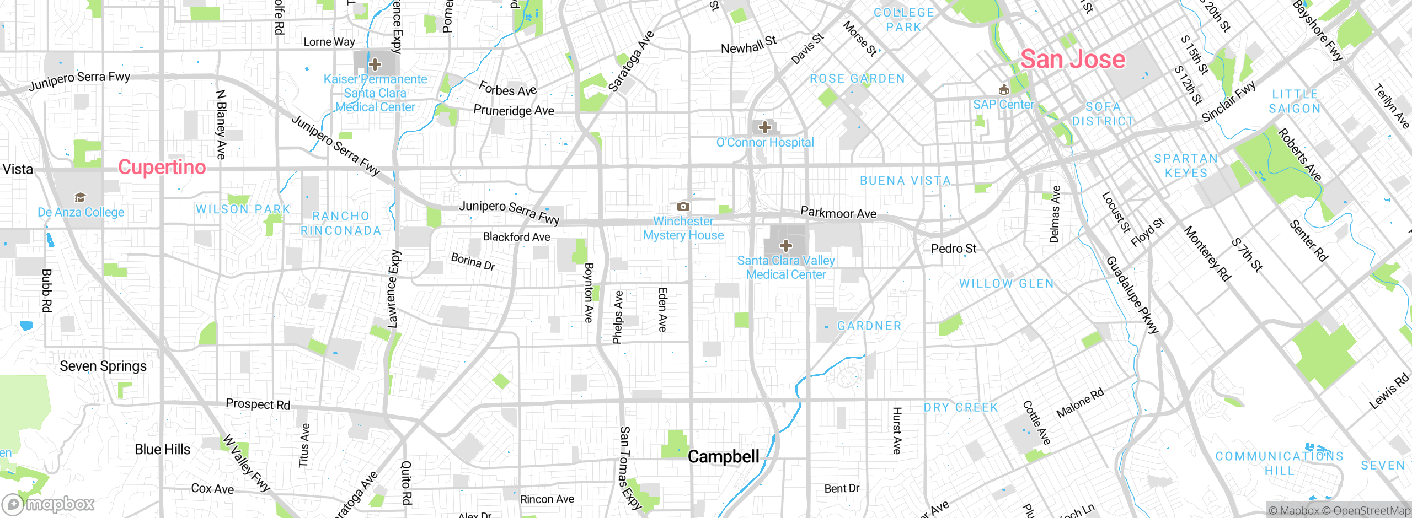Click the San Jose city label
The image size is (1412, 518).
coord(1072,59)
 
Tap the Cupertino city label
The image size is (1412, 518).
coord(162,167)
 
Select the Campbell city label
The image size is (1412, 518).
coord(723,457)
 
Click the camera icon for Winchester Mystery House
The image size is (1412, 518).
coord(683,206)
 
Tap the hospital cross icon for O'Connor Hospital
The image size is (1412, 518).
coord(764,127)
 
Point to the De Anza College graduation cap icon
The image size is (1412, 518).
coord(80,197)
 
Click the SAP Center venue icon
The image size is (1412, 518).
coord(1003,90)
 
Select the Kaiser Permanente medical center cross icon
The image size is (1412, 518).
coord(375,64)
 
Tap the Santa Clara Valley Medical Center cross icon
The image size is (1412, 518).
coord(785,245)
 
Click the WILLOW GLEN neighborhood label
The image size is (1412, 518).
coord(1006,283)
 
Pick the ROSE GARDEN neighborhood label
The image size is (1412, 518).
coord(857,79)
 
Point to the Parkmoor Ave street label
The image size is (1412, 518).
coord(838,213)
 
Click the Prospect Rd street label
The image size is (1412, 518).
coord(258,404)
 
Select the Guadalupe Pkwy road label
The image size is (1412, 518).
coord(1132,295)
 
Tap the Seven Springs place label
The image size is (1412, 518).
coord(103,366)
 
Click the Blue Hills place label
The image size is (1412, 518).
coord(162,450)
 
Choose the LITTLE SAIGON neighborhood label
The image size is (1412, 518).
coord(1295,101)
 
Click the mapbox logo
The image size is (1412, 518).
coord(49,504)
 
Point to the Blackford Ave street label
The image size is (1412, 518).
coord(516,237)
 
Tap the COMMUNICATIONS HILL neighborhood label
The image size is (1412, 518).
coord(1279,463)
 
